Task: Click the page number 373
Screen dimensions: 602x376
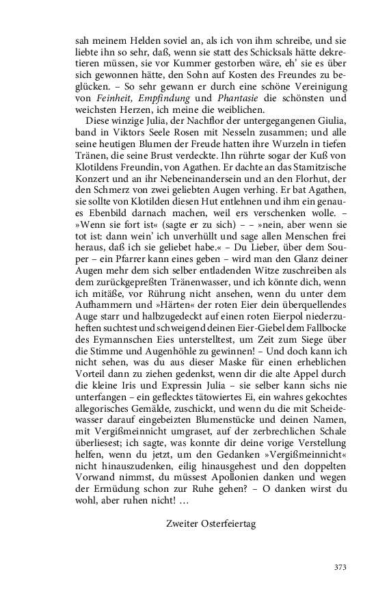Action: (340, 567)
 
